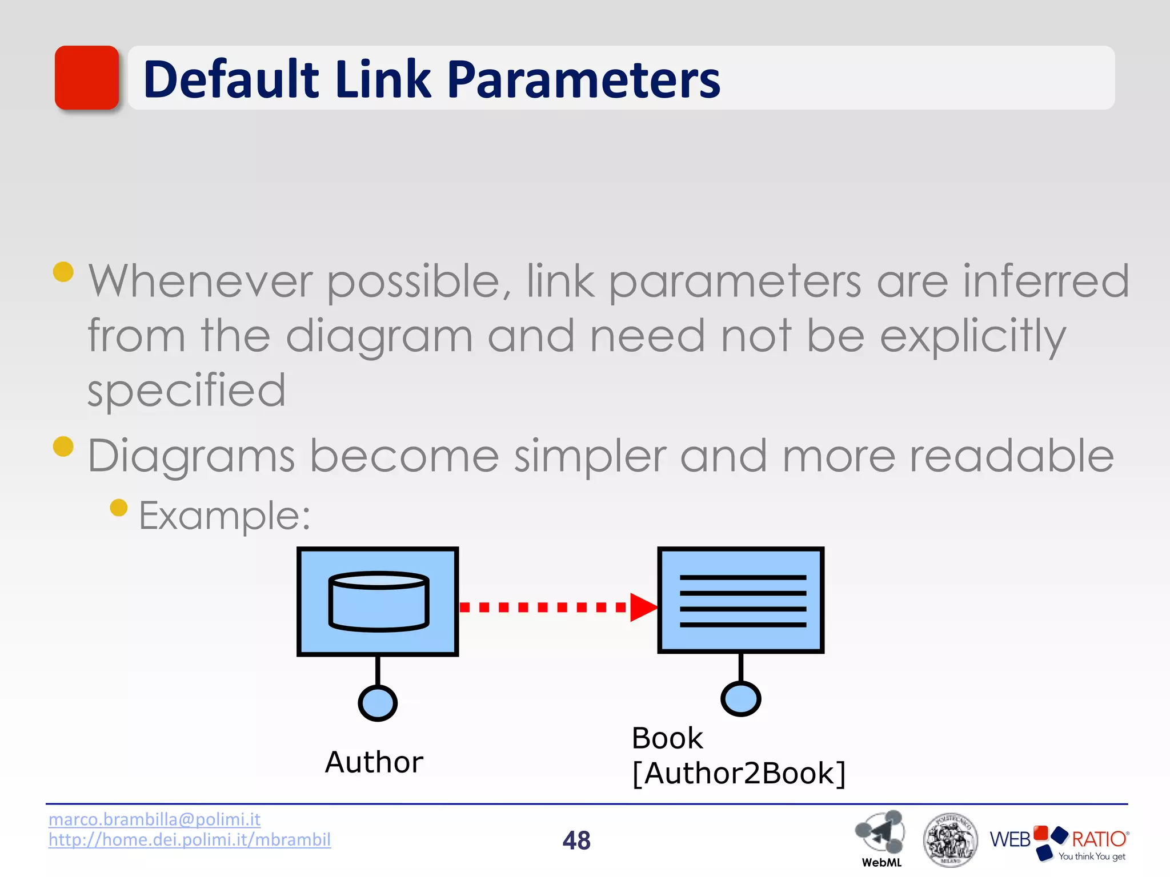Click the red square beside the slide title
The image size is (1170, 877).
[x=87, y=78]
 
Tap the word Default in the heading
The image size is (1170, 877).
[x=231, y=79]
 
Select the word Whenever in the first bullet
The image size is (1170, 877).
[x=200, y=281]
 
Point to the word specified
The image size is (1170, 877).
[x=186, y=391]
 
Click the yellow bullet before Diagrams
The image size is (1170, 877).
[x=63, y=446]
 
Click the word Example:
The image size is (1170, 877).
[x=225, y=516]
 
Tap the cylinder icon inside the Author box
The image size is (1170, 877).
[x=378, y=601]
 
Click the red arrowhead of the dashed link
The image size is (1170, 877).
[x=643, y=607]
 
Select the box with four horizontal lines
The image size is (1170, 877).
[x=741, y=600]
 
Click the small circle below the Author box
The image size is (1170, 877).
[x=378, y=703]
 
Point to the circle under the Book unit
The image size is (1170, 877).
[x=741, y=698]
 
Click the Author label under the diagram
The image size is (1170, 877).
[x=374, y=762]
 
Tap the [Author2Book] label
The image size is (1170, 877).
[x=739, y=774]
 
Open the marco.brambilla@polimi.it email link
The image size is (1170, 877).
[x=154, y=819]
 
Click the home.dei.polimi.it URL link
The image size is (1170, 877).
[x=190, y=840]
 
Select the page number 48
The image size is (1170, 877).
[x=576, y=840]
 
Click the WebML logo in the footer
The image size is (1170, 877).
[x=880, y=835]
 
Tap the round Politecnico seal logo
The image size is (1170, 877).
[x=950, y=839]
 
